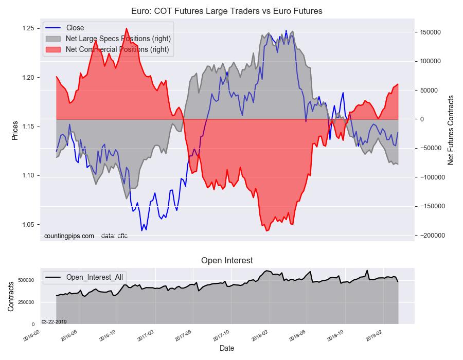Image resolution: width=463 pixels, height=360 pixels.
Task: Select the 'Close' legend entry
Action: (x=75, y=28)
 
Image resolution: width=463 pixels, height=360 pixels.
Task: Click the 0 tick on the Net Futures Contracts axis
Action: (x=420, y=119)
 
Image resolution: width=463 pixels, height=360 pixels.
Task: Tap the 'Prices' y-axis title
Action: (x=15, y=130)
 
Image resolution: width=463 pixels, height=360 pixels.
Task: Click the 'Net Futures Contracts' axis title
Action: (x=451, y=130)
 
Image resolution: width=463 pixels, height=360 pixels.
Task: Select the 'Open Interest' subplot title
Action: (x=227, y=260)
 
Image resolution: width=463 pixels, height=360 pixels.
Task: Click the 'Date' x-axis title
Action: (x=227, y=348)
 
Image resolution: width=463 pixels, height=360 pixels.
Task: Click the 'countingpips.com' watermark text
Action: (x=69, y=236)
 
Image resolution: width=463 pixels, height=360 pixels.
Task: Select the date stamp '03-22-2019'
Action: (x=54, y=321)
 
